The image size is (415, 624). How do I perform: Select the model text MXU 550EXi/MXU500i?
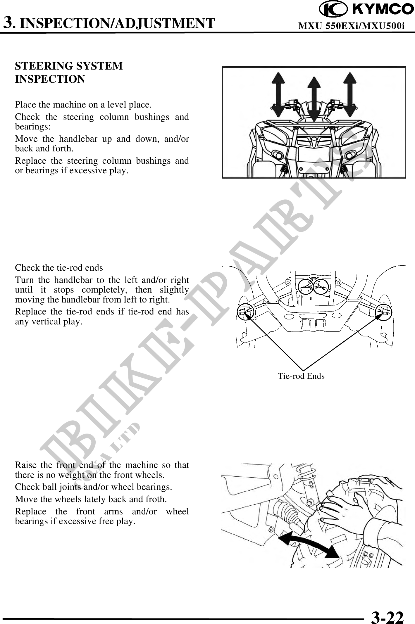[x=351, y=26]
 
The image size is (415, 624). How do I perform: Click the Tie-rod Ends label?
[x=301, y=376]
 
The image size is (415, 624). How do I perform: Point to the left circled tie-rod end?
[x=245, y=312]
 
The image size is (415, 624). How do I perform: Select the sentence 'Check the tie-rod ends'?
[x=59, y=268]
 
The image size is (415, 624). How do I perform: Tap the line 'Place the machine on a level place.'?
[x=83, y=104]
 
